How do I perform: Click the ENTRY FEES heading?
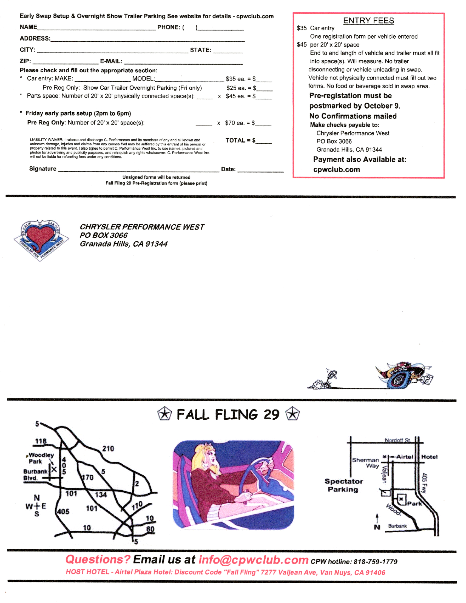(368, 21)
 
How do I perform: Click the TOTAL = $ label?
(240, 141)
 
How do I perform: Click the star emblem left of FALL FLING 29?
(164, 414)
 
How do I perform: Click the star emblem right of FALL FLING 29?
(292, 414)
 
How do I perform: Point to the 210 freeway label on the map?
(108, 449)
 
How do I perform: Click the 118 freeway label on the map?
(41, 441)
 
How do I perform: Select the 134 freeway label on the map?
(101, 495)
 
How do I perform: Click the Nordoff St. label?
(397, 440)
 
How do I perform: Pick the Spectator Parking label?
(343, 485)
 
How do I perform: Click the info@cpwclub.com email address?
(253, 560)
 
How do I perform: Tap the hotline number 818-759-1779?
(375, 562)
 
